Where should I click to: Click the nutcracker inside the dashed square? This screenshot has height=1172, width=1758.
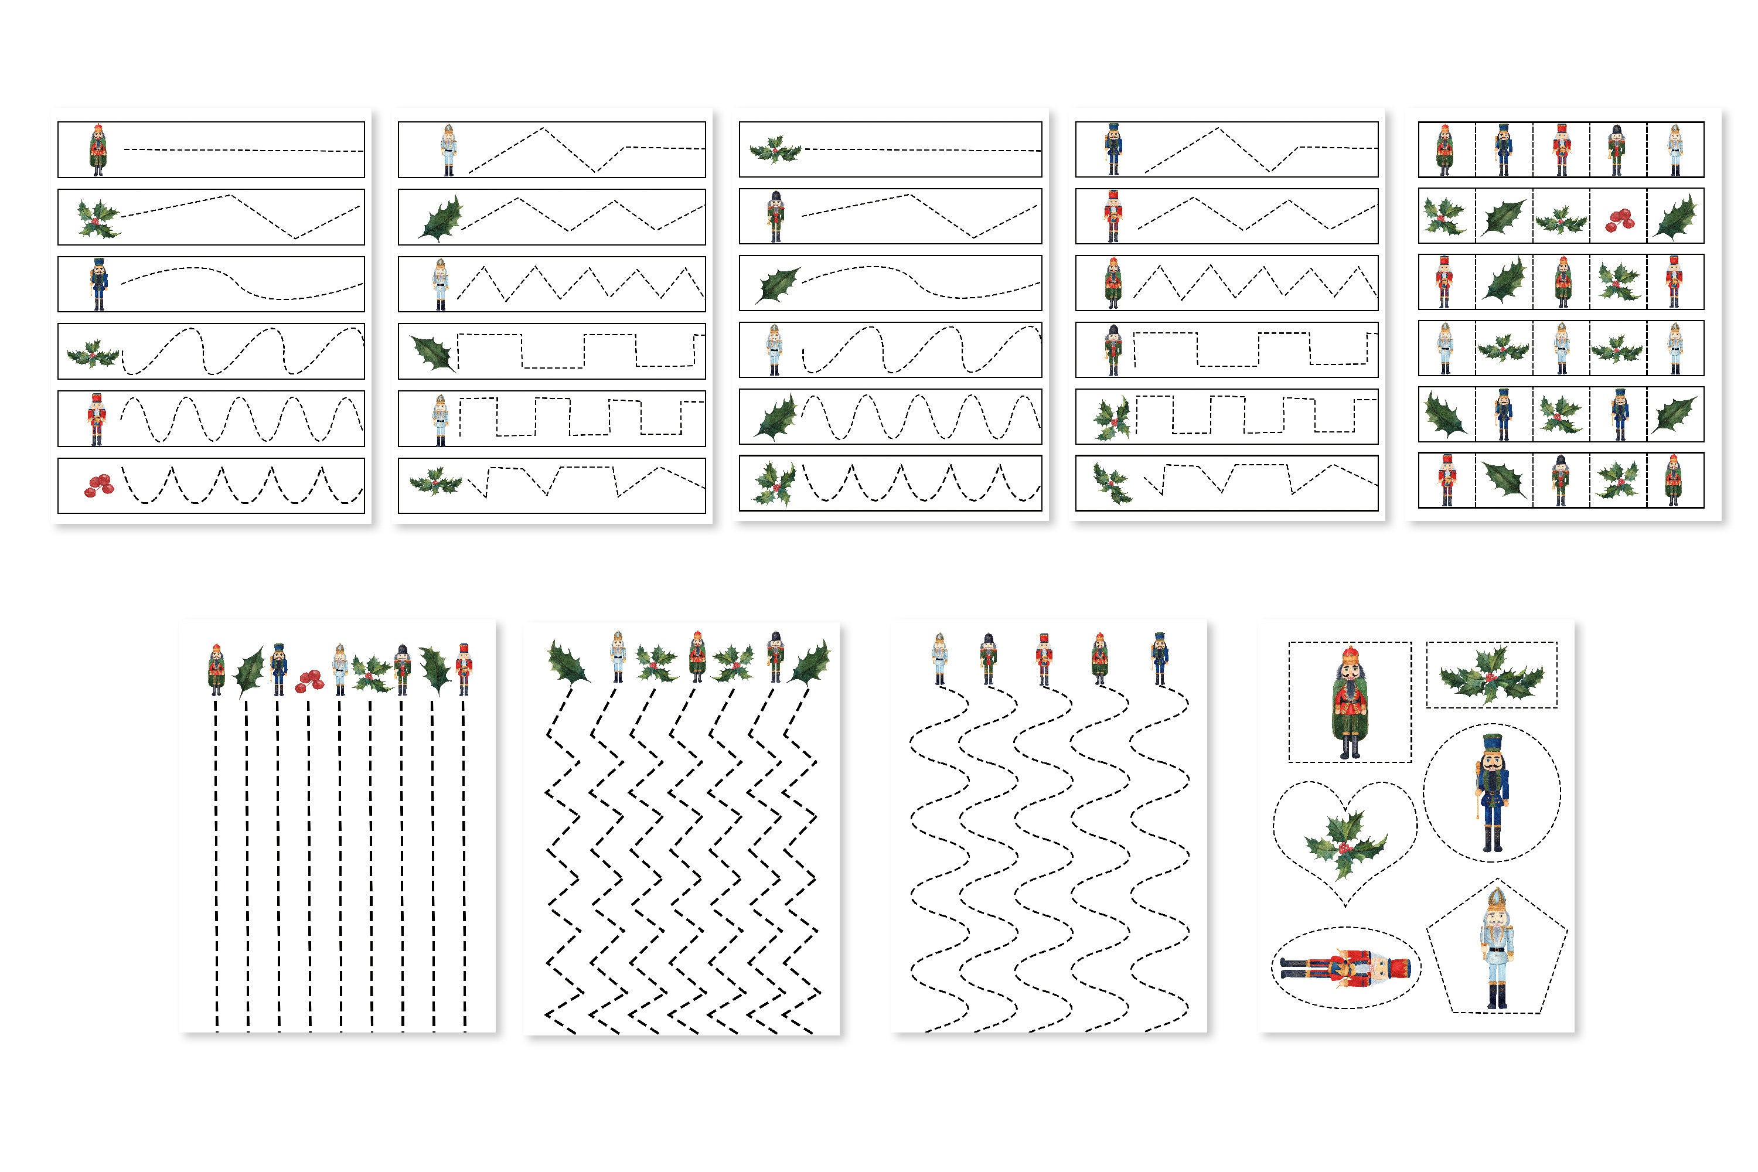tap(1350, 703)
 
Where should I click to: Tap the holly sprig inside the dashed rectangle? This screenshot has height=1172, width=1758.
tap(1491, 676)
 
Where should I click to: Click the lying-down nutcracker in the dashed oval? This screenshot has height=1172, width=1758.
tap(1345, 968)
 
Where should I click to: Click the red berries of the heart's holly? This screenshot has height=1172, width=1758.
tap(1344, 847)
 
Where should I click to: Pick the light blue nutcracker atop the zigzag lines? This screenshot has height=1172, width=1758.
tap(618, 656)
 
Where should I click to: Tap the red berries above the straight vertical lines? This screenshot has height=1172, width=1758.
tap(309, 680)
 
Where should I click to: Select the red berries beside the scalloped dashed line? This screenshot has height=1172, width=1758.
tap(98, 486)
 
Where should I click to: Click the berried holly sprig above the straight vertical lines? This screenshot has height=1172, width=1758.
tap(372, 673)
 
